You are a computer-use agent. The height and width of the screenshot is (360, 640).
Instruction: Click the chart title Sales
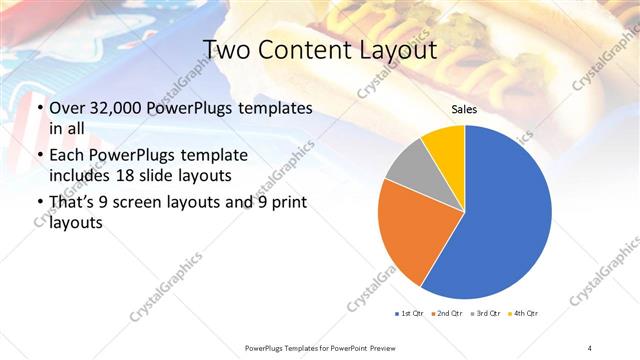(x=463, y=109)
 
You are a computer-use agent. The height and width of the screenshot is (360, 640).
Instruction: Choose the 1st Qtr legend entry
(x=410, y=314)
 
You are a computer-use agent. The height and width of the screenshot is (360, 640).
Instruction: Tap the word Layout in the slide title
(x=399, y=50)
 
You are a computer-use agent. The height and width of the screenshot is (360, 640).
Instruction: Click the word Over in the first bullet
(x=67, y=108)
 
